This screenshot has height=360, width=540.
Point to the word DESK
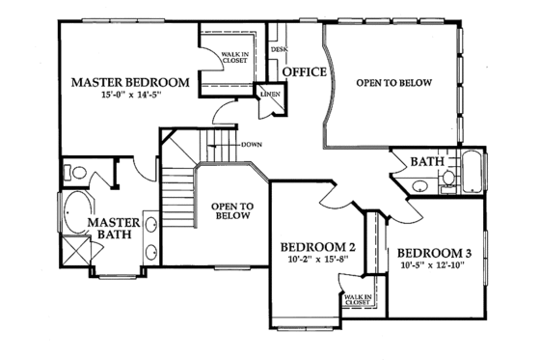click(x=279, y=48)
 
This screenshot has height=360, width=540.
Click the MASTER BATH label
click(x=115, y=230)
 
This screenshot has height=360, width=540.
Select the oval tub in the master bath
click(x=76, y=212)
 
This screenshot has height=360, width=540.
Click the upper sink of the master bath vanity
click(x=152, y=224)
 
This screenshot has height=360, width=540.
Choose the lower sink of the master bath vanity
click(x=152, y=253)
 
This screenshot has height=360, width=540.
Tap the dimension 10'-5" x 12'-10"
click(x=435, y=267)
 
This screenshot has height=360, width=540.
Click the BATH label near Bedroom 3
click(x=426, y=161)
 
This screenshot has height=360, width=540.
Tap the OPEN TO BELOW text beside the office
click(x=393, y=83)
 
